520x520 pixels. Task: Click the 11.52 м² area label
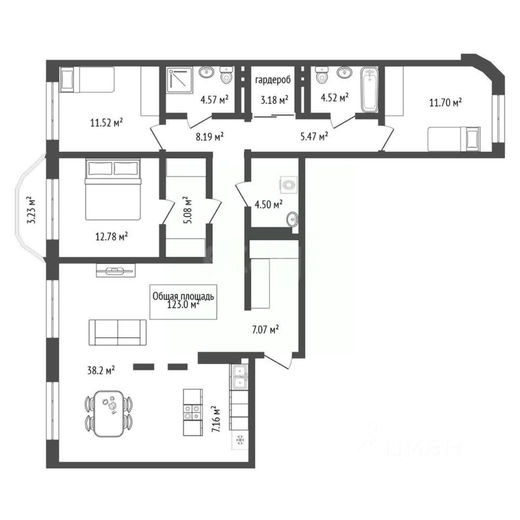pos(107,123)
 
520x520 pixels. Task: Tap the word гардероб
pos(272,80)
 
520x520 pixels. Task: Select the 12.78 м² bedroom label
pos(112,237)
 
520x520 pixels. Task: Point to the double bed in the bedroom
pos(113,189)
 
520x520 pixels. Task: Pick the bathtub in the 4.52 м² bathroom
pos(369,90)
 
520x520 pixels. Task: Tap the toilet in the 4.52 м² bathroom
pos(321,75)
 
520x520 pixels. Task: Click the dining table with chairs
pos(109,413)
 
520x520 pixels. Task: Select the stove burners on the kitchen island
pos(193,412)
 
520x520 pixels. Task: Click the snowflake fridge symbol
pos(239,440)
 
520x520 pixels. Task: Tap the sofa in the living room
pos(118,333)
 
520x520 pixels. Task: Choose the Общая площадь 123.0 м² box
pos(183,302)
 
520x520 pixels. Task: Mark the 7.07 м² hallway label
pos(265,330)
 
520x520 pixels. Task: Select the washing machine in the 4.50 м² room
pos(289,185)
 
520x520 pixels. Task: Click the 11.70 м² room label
pos(445,102)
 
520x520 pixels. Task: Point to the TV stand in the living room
pos(116,270)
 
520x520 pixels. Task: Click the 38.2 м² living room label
pos(101,370)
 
